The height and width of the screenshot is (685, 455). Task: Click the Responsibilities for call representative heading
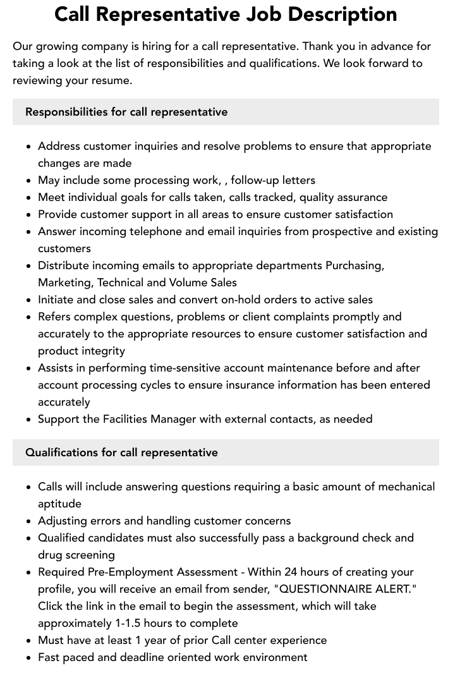click(126, 112)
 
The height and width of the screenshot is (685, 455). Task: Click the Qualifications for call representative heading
click(121, 452)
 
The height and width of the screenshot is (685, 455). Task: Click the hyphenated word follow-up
click(255, 180)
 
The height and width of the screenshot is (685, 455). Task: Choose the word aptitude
click(59, 504)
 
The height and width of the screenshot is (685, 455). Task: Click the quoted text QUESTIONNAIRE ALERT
click(348, 589)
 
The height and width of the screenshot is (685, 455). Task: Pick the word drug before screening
click(51, 555)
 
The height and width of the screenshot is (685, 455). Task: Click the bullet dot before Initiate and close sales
click(28, 300)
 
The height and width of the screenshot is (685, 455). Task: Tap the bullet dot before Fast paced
click(28, 658)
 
